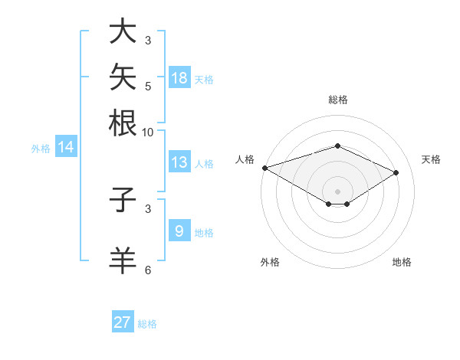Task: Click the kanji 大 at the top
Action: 123,31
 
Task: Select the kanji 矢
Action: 123,77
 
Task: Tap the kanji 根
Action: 123,123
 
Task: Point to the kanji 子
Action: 123,199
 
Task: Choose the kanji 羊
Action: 123,260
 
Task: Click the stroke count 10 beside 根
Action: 147,133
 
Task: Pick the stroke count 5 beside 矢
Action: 148,87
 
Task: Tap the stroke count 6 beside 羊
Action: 148,270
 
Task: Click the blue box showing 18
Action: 180,77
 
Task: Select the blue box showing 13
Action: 180,162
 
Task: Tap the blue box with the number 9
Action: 180,230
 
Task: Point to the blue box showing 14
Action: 66,146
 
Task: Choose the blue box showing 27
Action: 123,321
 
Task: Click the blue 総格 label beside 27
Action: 147,324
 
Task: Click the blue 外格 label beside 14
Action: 41,149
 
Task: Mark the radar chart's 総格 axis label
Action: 338,100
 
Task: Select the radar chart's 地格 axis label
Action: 402,262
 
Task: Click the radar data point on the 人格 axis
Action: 265,168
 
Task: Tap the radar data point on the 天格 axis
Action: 396,172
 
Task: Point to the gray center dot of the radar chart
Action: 337,191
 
